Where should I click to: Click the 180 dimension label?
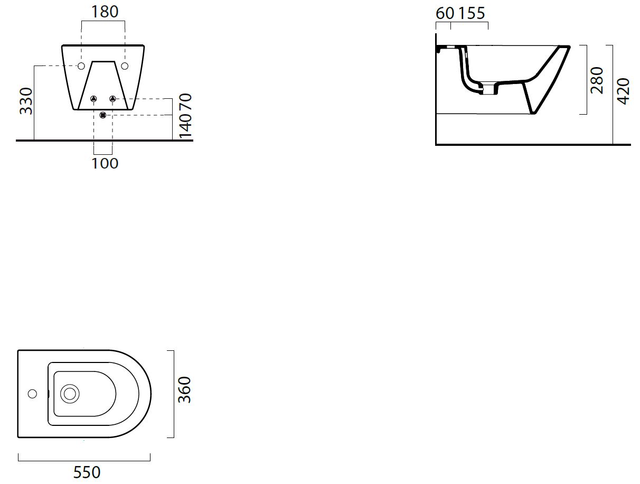coord(105,12)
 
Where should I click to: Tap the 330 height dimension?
coord(26,100)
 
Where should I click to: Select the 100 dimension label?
coord(105,163)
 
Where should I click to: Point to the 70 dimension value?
coord(185,101)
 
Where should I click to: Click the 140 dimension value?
coord(185,126)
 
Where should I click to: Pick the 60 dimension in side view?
coord(445,13)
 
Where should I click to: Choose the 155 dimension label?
coord(472,13)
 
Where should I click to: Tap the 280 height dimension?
coord(597,80)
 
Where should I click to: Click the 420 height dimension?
coord(624,91)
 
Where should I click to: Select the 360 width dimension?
coord(184,390)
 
